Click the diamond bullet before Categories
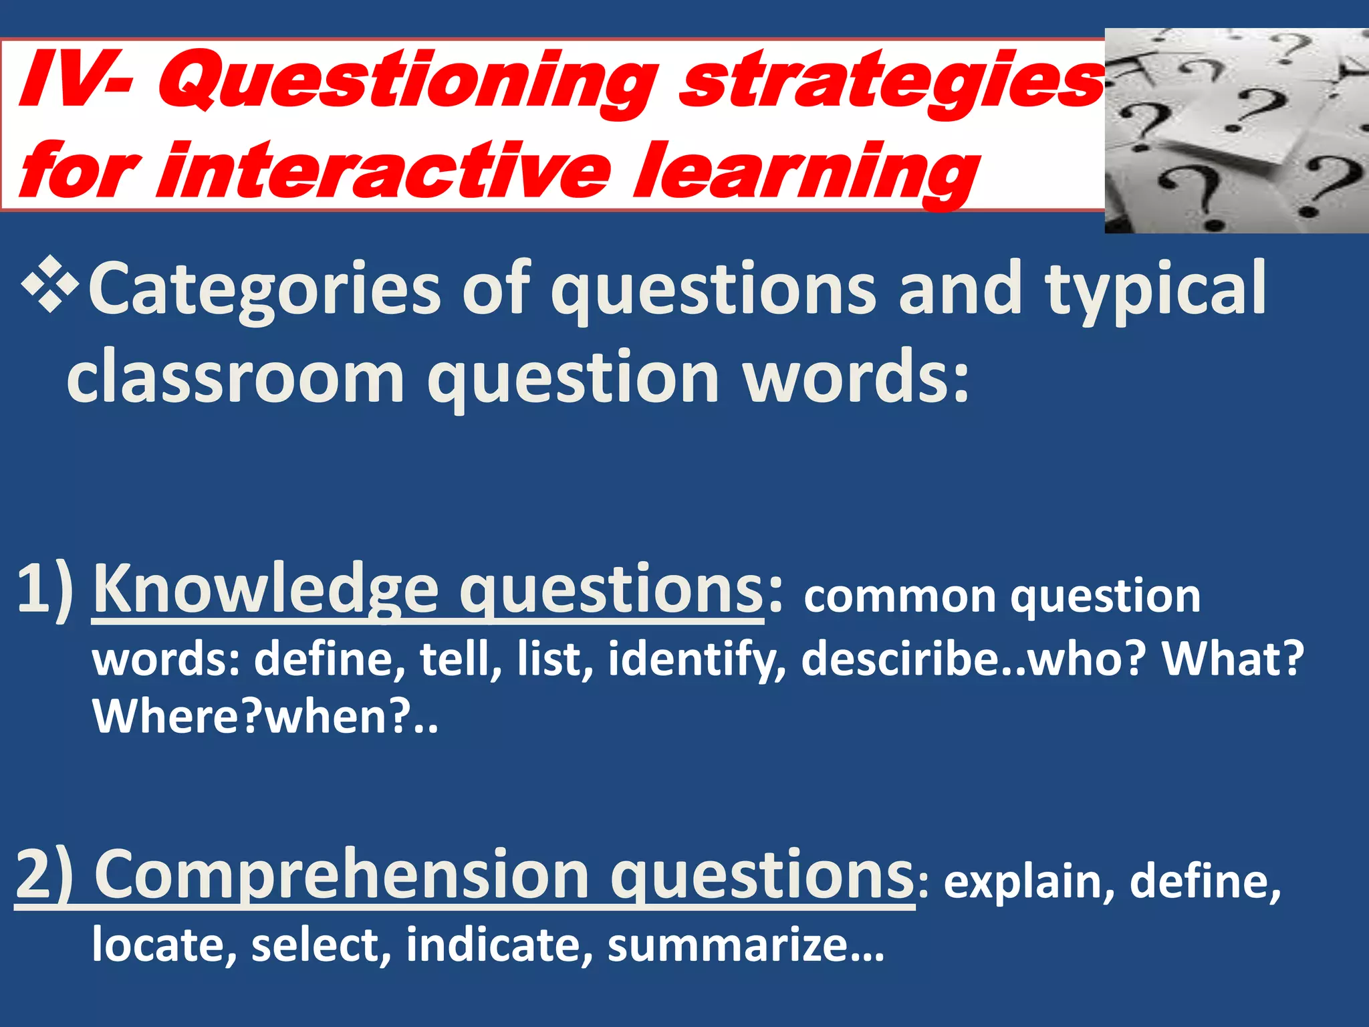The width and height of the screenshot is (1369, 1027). [50, 285]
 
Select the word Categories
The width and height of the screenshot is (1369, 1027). [264, 289]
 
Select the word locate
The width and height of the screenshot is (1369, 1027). [164, 945]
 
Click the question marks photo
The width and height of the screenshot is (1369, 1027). [1236, 131]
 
